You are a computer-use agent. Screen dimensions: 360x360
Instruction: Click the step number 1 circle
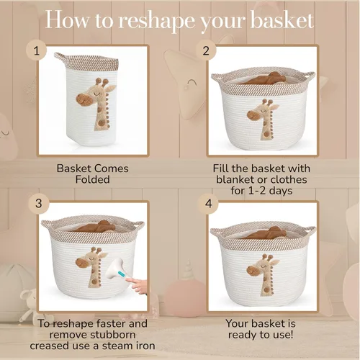(36, 50)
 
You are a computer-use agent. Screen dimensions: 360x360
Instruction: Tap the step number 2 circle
(206, 50)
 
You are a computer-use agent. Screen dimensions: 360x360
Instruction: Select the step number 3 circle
(39, 204)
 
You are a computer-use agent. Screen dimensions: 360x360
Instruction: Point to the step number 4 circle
(208, 204)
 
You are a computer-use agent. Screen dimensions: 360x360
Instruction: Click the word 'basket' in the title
(282, 19)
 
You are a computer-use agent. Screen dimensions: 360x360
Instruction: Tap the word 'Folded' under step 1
(93, 179)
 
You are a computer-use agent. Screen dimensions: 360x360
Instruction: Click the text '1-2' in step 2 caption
(257, 191)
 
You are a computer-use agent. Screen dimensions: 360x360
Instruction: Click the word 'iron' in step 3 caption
(144, 346)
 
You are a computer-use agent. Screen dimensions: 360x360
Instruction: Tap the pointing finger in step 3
(137, 284)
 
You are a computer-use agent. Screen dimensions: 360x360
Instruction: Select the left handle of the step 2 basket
(217, 78)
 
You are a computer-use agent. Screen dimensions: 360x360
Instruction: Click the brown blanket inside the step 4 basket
(266, 233)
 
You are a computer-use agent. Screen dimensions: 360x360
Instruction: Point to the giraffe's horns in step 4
(267, 258)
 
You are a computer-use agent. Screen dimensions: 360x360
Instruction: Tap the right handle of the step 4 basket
(310, 230)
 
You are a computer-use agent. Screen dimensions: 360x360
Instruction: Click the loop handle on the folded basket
(60, 57)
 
